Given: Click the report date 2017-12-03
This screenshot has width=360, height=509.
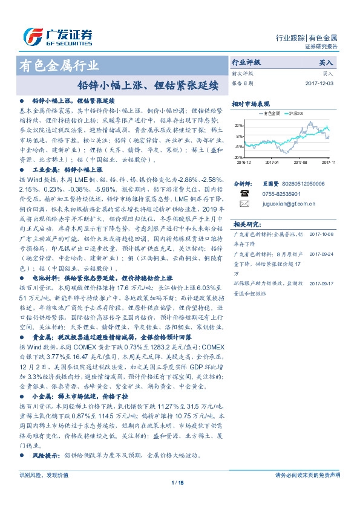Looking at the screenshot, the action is (319, 83).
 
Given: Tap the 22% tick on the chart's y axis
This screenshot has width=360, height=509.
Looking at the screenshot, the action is (239, 125).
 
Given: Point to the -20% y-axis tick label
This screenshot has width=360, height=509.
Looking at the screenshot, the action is (238, 157).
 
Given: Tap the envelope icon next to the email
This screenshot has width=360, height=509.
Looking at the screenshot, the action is (244, 204).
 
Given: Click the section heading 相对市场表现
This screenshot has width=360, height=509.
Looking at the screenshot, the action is (250, 104).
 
